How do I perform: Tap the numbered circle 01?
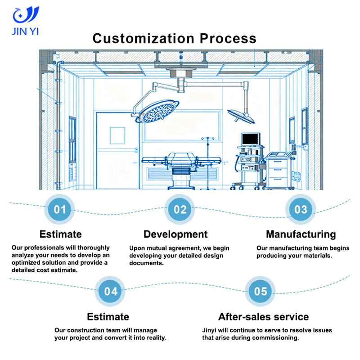pyautogui.click(x=60, y=209)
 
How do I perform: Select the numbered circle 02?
pyautogui.click(x=180, y=209)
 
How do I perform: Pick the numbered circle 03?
pyautogui.click(x=301, y=209)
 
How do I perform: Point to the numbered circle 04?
pyautogui.click(x=111, y=291)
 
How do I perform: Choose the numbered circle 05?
pyautogui.click(x=261, y=291)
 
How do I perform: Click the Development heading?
pyautogui.click(x=175, y=234)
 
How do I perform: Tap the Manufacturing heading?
pyautogui.click(x=301, y=234)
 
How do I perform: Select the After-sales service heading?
pyautogui.click(x=263, y=316)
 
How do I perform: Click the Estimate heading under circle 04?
pyautogui.click(x=108, y=316)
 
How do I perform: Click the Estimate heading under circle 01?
pyautogui.click(x=61, y=234)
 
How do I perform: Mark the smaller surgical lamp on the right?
pyautogui.click(x=241, y=115)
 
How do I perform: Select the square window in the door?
pyautogui.click(x=117, y=135)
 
